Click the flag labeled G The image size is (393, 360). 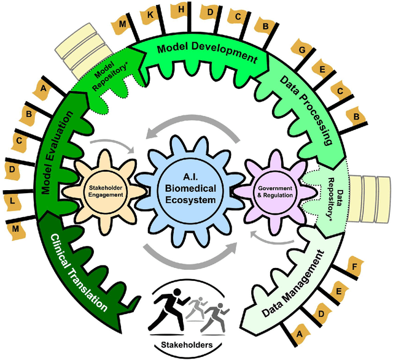303,48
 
